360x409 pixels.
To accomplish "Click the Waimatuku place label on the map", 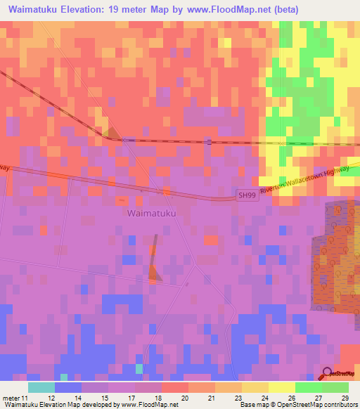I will click(151, 212).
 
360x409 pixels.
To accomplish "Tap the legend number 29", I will click(343, 398).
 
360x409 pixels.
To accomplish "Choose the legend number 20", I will click(184, 398).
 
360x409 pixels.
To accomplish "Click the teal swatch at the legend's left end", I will click(41, 387).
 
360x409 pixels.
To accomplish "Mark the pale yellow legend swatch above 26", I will click(282, 387).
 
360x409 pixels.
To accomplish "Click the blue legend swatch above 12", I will click(67, 387).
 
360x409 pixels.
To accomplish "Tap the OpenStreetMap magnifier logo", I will click(328, 374).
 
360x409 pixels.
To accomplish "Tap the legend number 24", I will click(264, 398).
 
